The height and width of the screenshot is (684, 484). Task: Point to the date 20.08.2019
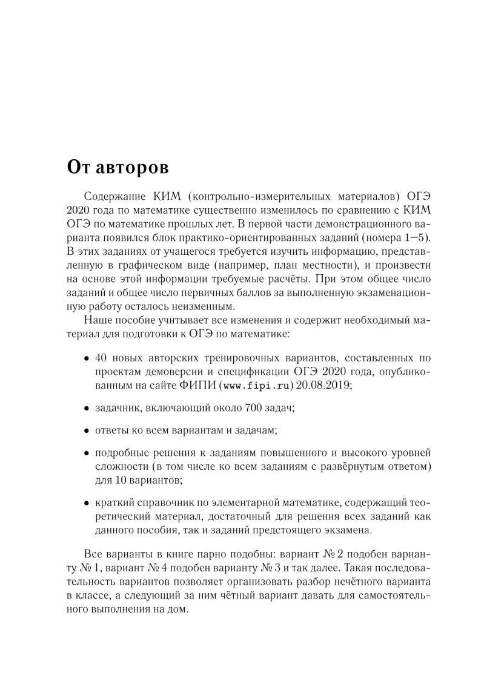coord(325,384)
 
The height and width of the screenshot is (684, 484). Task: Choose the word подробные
coord(120,453)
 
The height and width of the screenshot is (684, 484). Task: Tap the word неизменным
coord(197,306)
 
